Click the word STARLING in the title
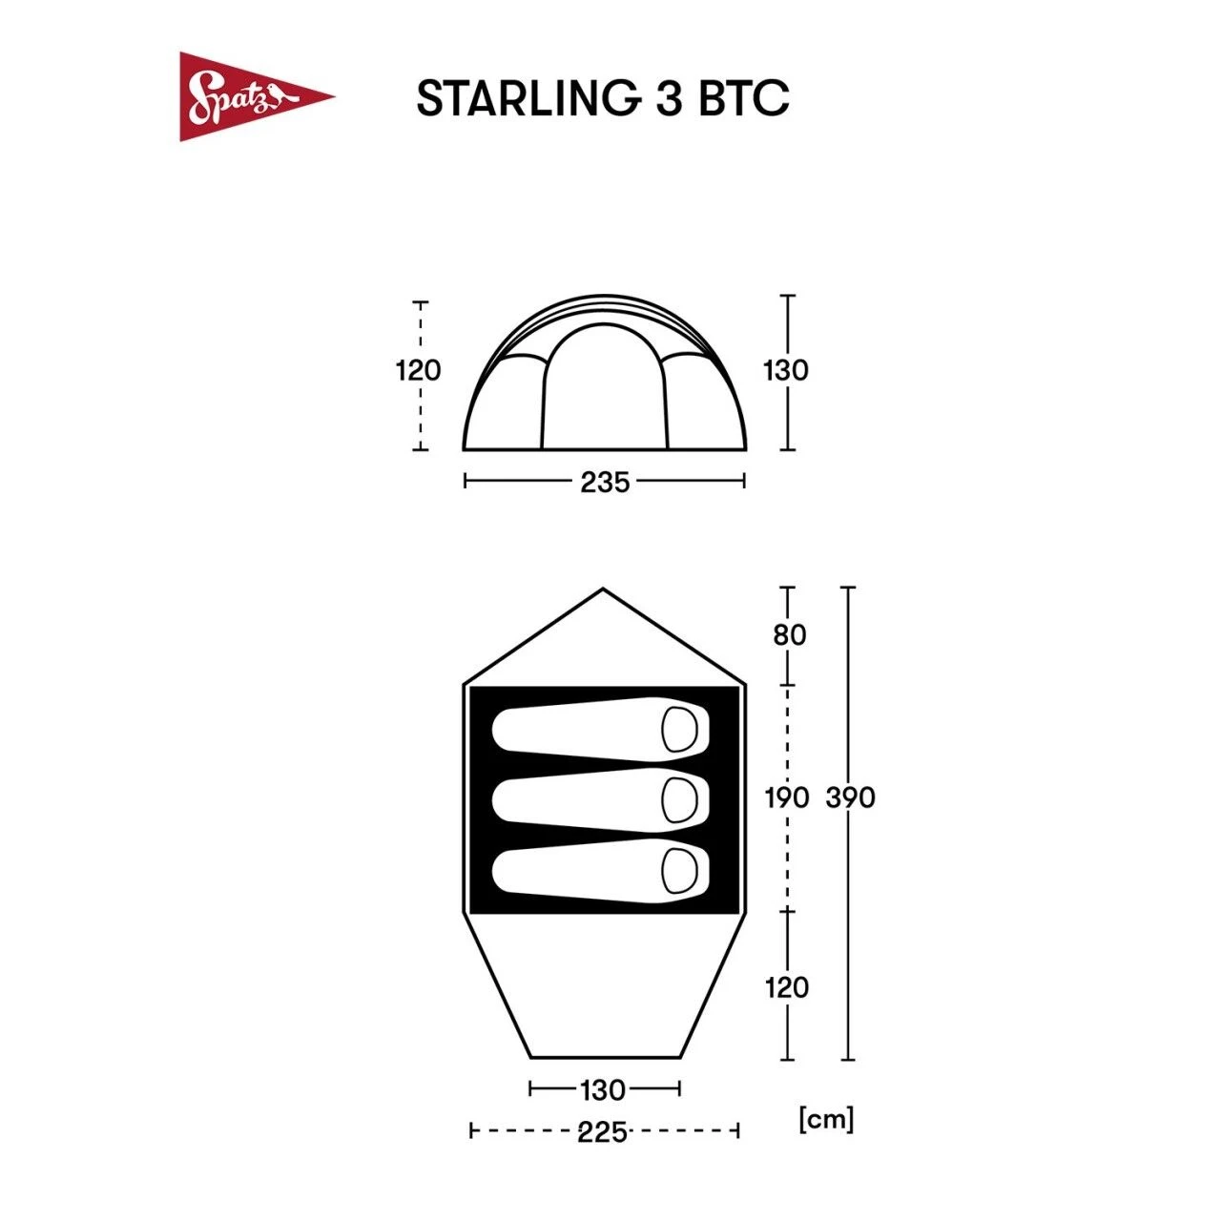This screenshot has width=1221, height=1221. coord(527,98)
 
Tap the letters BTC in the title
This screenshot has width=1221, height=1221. coord(744,98)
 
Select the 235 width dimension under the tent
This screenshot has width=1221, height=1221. coord(605,483)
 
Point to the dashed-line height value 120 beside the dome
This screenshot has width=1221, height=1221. coord(419,370)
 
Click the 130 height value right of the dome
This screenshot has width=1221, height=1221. coord(785,370)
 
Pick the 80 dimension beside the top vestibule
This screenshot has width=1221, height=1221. coord(789,634)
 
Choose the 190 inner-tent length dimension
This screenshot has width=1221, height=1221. coord(787,797)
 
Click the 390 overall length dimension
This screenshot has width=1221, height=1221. coord(850,797)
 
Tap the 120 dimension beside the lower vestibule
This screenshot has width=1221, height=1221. coord(787,987)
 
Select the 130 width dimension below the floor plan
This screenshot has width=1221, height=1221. coord(603,1089)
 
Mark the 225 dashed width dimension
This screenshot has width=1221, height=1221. coord(603,1132)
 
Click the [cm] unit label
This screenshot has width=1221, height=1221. coord(826,1118)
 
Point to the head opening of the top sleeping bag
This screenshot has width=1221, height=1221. coord(680,730)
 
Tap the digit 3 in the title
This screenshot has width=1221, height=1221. coord(669,98)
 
